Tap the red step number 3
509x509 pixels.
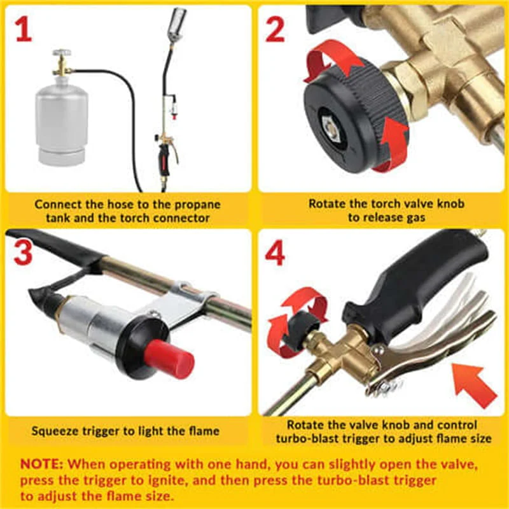click(x=23, y=253)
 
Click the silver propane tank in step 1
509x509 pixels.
click(x=62, y=124)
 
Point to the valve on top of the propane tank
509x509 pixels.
click(x=62, y=62)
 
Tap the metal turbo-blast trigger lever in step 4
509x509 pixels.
click(x=433, y=356)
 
